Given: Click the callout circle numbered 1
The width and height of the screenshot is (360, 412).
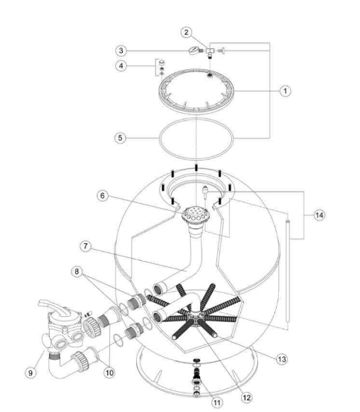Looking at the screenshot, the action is (x=286, y=91).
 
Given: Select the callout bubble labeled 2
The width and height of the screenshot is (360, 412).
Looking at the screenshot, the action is (x=186, y=32).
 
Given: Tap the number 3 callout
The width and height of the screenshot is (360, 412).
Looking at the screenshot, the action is (x=121, y=51).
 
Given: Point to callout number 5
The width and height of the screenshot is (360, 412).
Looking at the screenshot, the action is (x=120, y=138).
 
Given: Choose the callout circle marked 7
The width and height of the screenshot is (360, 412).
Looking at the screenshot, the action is (x=86, y=246).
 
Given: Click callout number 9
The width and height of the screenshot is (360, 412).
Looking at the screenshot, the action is (x=30, y=373).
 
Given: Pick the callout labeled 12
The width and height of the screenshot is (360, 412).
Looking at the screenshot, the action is (x=246, y=397).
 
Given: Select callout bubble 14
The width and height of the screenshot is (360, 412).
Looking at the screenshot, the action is (x=319, y=215).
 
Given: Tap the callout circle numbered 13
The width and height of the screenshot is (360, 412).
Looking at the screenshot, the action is (x=282, y=359).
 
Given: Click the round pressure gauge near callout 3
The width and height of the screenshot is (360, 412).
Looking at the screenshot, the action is (x=194, y=50).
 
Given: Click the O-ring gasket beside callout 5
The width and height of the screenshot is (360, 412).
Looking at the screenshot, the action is (x=196, y=138).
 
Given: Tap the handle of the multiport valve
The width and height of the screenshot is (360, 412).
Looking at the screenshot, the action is (x=53, y=306).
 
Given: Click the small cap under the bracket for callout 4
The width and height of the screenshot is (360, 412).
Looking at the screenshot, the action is (x=162, y=62).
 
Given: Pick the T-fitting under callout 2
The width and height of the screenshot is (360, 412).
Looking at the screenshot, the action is (x=210, y=51).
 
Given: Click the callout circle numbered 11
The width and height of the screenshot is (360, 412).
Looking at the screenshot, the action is (x=217, y=402).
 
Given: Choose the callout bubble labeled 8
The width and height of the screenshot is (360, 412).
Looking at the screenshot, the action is (x=77, y=271).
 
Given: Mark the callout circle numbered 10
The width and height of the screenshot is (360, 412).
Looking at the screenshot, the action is (x=109, y=373).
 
